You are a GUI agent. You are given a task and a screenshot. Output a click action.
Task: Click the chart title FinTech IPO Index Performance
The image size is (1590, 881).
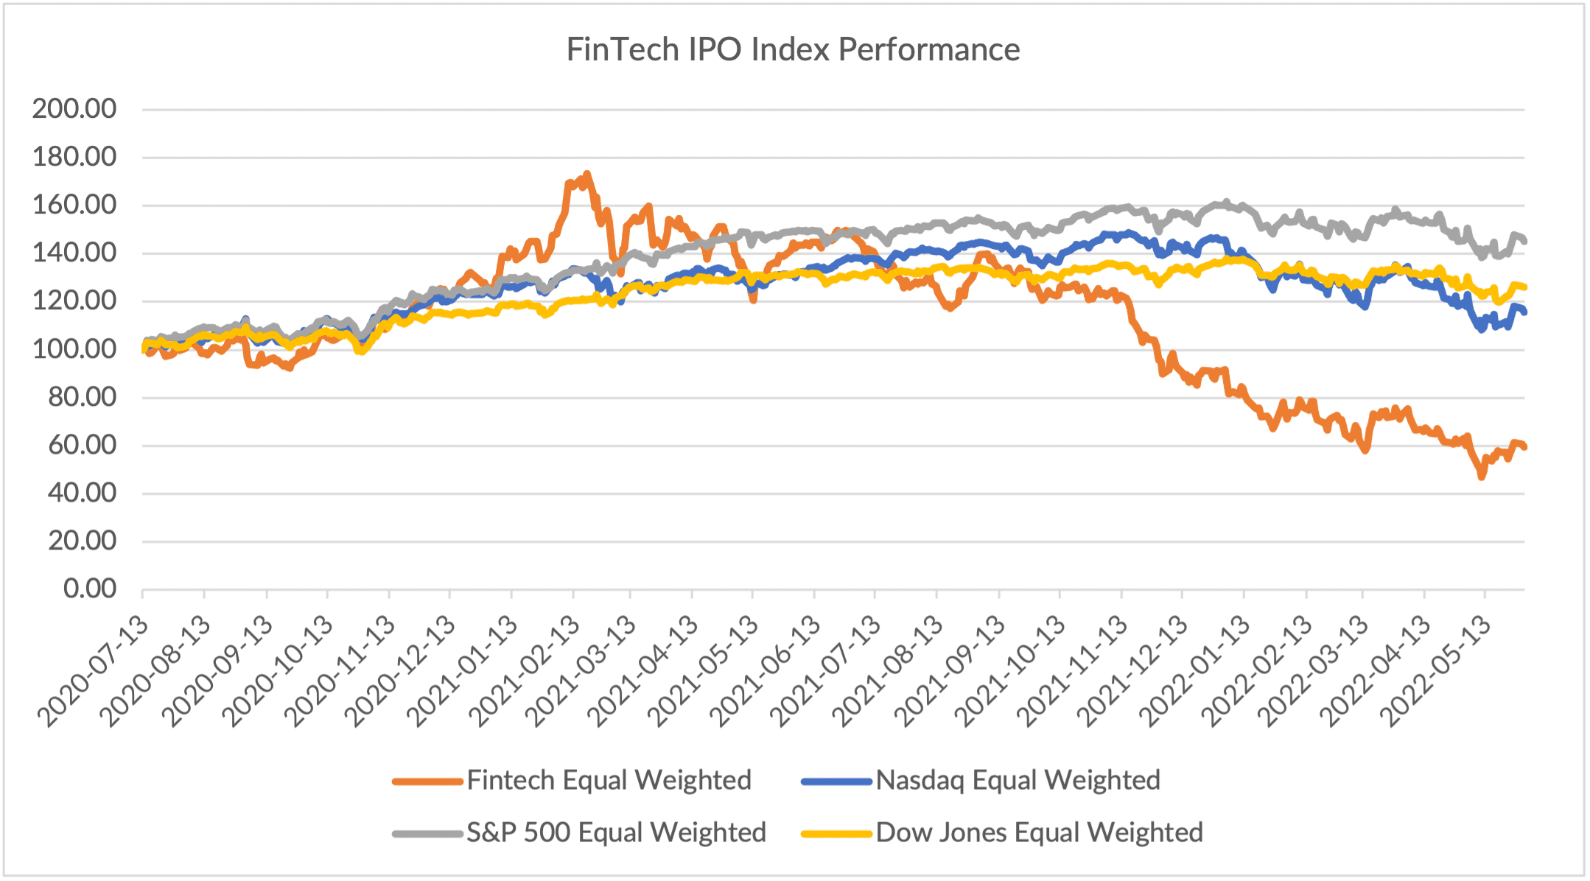(x=793, y=50)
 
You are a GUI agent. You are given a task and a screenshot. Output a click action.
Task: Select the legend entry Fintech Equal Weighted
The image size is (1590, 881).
(x=608, y=780)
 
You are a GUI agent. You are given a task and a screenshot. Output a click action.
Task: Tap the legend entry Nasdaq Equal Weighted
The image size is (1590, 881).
(x=1017, y=780)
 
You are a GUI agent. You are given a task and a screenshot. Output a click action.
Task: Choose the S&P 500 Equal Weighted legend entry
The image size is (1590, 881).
(x=615, y=832)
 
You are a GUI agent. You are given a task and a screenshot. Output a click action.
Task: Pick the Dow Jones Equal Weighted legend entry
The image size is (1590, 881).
(x=1038, y=832)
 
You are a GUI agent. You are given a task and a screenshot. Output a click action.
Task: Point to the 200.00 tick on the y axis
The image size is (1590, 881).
(x=74, y=109)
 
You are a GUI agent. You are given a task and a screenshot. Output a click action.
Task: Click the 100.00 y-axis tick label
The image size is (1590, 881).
(x=74, y=349)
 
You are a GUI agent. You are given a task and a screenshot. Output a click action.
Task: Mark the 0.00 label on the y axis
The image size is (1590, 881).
(x=90, y=589)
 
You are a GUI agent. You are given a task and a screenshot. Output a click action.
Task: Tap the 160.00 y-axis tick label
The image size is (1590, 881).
(x=74, y=205)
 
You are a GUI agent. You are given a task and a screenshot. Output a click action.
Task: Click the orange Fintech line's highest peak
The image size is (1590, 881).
(x=586, y=175)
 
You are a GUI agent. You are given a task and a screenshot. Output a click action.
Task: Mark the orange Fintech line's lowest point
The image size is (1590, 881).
(x=1482, y=477)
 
